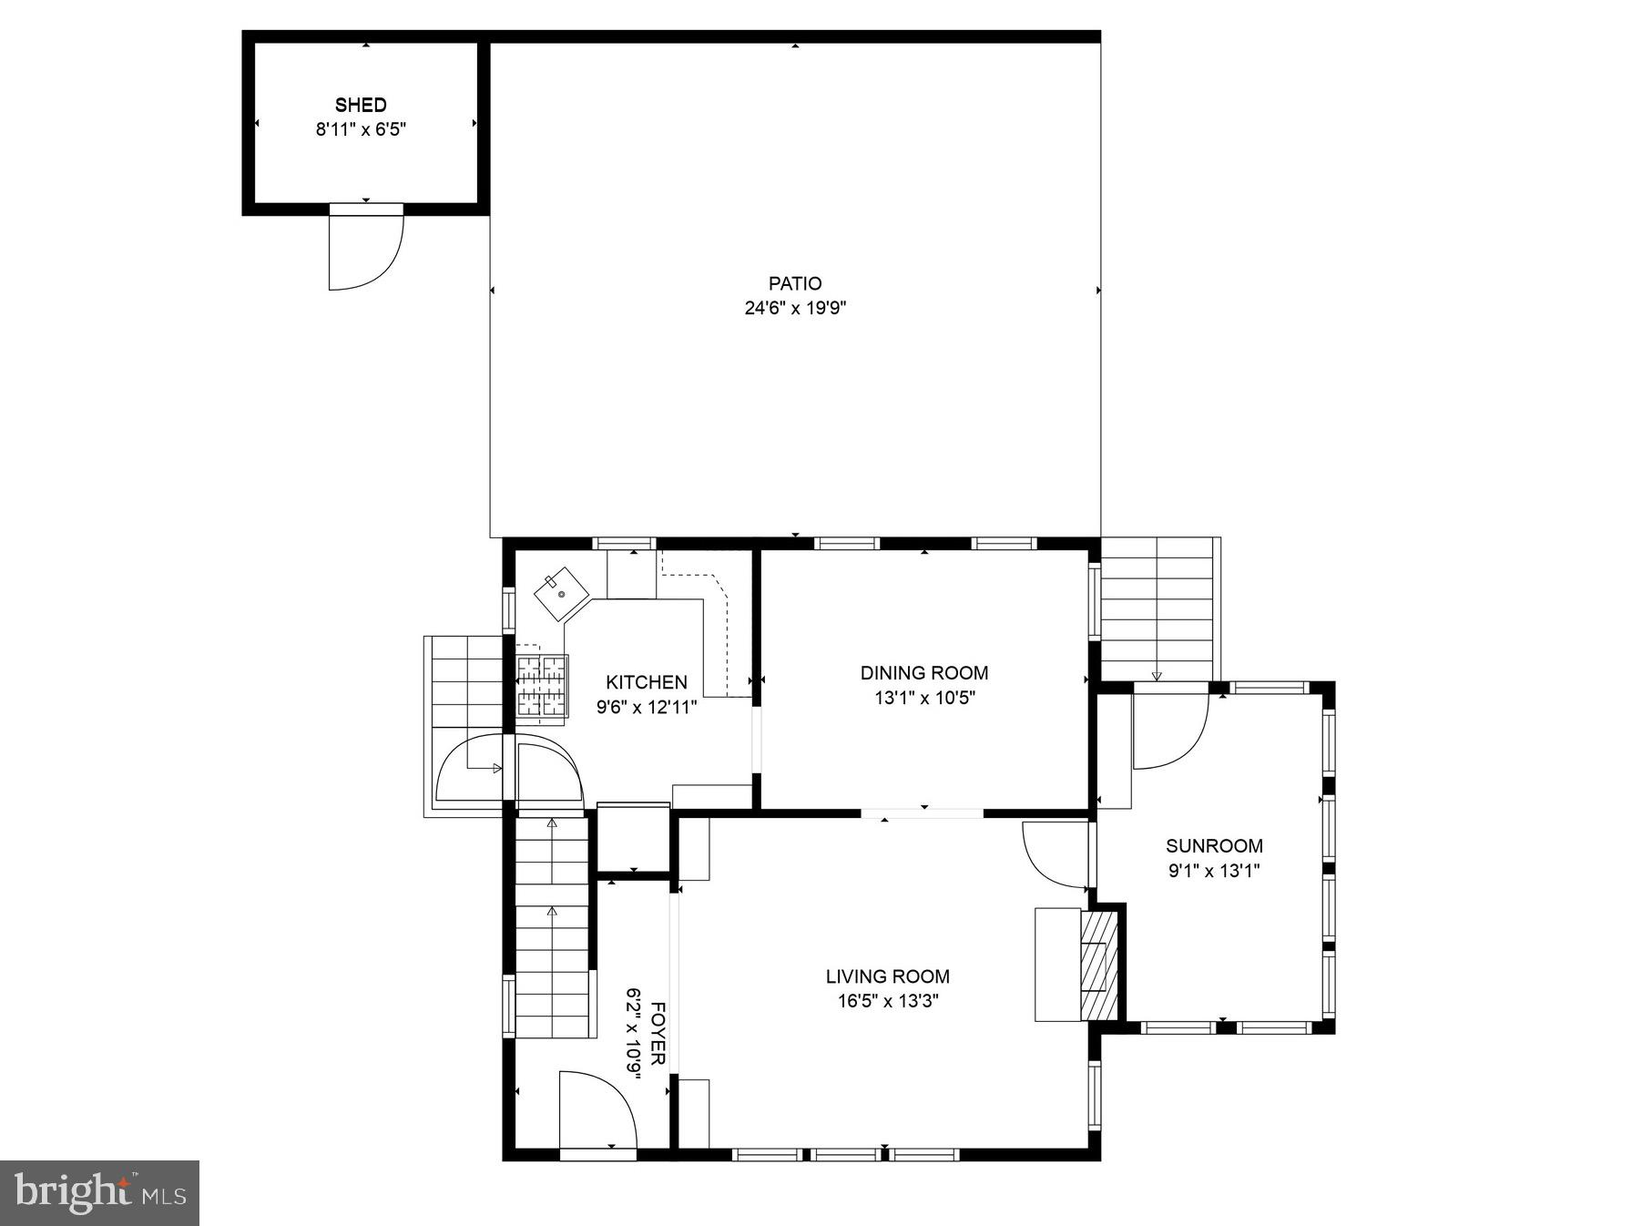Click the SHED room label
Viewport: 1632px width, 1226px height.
(x=361, y=105)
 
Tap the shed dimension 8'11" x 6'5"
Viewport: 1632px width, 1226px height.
(x=361, y=129)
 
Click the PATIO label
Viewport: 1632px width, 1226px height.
(x=795, y=283)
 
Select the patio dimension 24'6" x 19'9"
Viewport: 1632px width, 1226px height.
(x=795, y=308)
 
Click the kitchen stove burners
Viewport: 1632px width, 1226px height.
(x=542, y=686)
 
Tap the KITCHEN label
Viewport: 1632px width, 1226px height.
(x=647, y=682)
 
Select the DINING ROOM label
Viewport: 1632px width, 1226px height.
(x=923, y=673)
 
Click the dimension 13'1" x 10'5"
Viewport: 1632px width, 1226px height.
(x=923, y=698)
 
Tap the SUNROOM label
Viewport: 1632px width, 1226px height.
(x=1214, y=845)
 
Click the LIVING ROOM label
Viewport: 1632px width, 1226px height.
(x=887, y=976)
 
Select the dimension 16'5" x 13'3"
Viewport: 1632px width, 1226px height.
(x=887, y=1001)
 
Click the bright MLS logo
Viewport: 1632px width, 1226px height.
(x=100, y=1192)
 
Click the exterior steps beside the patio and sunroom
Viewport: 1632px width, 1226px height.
(x=1158, y=608)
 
